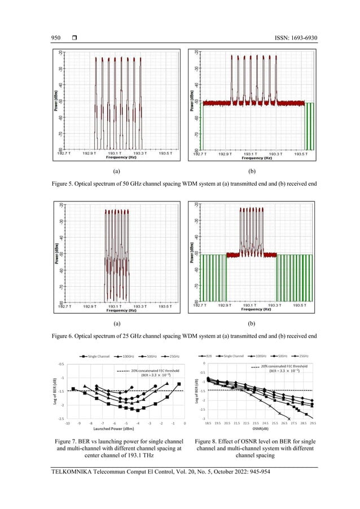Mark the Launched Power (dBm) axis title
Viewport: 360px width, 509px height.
coord(125,428)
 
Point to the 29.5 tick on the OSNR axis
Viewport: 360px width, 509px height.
coord(313,422)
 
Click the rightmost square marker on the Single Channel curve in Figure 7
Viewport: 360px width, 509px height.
coord(179,384)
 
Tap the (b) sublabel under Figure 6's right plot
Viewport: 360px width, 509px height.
coord(251,324)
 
